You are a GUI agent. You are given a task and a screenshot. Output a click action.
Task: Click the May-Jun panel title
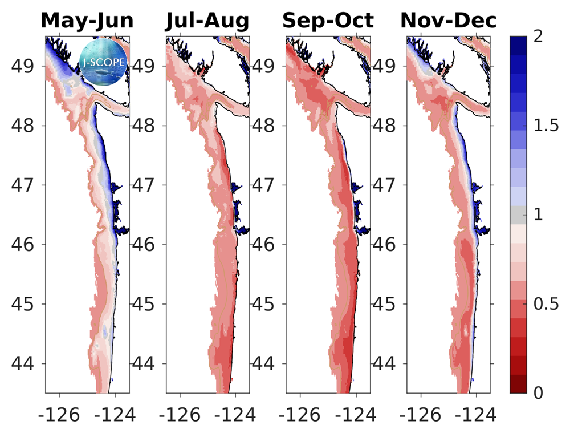(87, 21)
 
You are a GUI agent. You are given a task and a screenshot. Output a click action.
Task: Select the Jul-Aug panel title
(207, 21)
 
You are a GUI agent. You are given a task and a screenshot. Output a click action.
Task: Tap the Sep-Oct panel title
(328, 21)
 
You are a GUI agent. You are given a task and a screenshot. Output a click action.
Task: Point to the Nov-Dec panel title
(449, 21)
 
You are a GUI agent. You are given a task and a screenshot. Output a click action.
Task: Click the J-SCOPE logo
(103, 61)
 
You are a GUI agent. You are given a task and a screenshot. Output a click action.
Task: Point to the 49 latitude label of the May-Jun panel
(25, 66)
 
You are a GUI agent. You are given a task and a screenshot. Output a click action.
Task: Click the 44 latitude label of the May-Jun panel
(25, 364)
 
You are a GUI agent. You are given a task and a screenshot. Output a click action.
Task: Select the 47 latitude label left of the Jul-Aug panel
(145, 185)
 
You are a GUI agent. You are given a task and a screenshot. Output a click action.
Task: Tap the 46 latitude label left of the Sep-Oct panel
(266, 245)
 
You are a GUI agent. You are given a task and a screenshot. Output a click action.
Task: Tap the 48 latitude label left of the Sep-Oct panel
(266, 126)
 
